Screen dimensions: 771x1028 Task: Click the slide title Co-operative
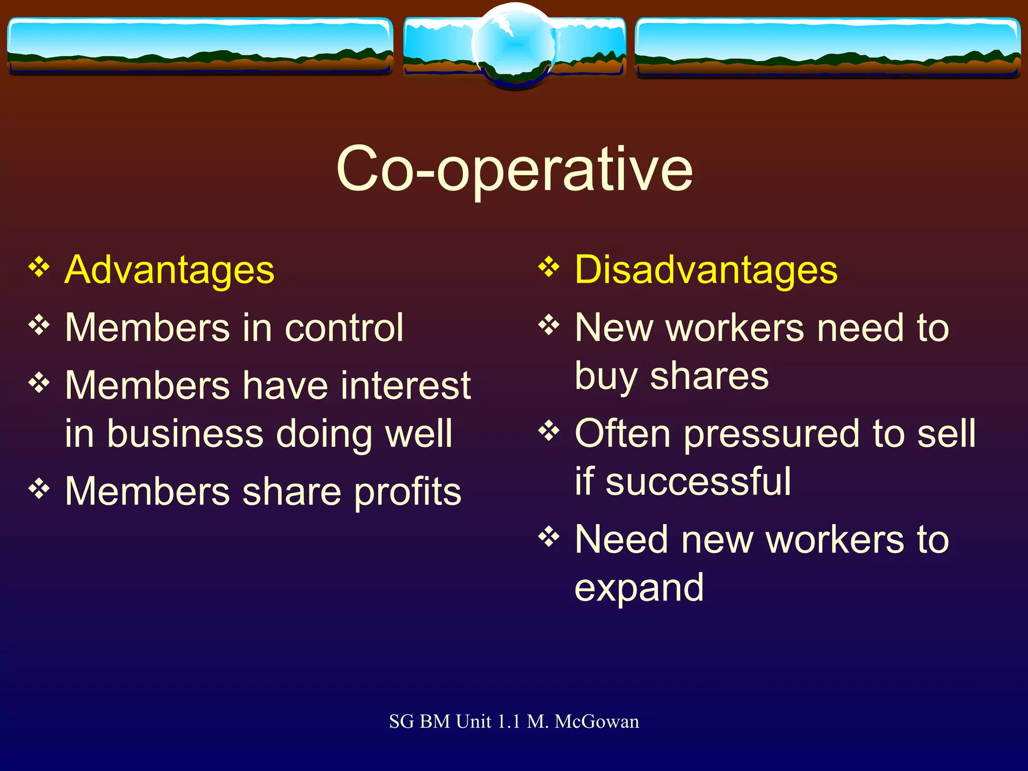(x=515, y=170)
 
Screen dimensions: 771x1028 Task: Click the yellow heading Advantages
(x=170, y=270)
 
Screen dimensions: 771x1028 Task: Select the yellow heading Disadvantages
(x=706, y=270)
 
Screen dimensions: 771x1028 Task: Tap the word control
(x=344, y=328)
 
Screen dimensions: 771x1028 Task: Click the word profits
(x=408, y=492)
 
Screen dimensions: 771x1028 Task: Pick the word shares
(x=709, y=376)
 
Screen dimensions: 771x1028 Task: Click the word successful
(x=698, y=482)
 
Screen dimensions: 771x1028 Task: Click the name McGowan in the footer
(x=597, y=721)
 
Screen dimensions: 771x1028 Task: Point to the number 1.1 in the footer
(x=508, y=721)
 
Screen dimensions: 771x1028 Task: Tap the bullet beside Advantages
(x=39, y=267)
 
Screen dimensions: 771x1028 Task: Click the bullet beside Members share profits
(x=39, y=488)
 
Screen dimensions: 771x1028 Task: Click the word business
(x=185, y=434)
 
